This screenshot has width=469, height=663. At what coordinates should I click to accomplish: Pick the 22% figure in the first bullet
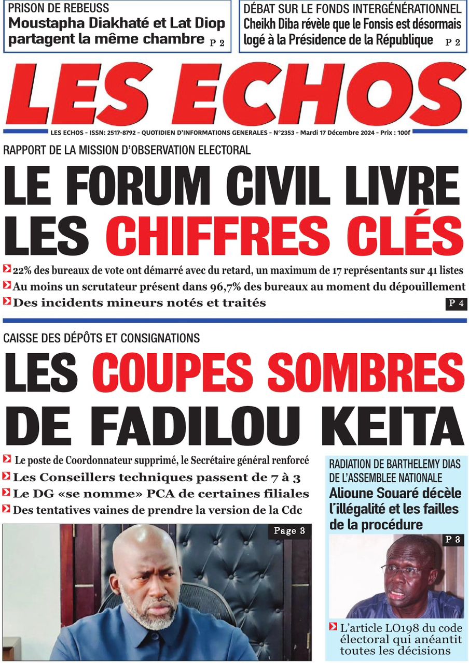[x=23, y=270]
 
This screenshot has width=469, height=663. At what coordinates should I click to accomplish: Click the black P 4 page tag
[x=456, y=304]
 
